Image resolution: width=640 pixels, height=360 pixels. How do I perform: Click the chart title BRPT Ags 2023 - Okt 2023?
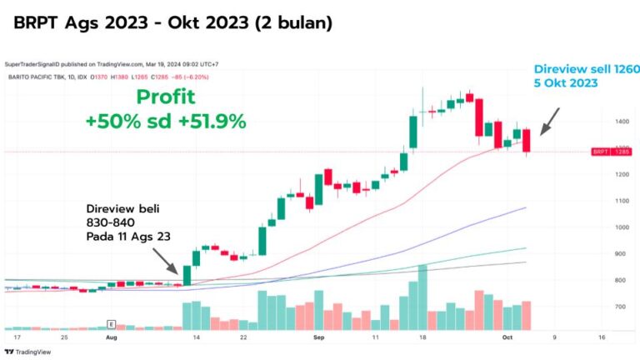click(172, 23)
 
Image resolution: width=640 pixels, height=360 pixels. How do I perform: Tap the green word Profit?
click(166, 97)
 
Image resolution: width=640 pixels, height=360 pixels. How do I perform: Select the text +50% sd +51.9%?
click(165, 122)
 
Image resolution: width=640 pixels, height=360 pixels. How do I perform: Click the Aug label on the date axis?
click(111, 338)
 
